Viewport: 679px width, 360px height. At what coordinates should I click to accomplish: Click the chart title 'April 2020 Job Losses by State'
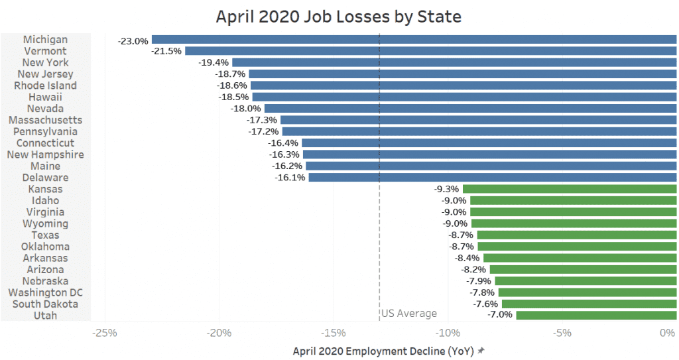339,16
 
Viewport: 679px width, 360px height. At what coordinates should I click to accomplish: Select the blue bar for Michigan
414,40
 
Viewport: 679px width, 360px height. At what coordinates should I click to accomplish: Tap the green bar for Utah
596,315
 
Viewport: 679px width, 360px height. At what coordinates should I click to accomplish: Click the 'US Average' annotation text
409,314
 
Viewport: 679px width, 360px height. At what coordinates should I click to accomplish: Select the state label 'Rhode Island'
46,86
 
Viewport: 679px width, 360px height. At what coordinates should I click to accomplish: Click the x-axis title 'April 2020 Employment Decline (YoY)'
383,351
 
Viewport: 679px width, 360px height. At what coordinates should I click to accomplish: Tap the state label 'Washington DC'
45,292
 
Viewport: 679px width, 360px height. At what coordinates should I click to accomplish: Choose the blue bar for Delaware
492,178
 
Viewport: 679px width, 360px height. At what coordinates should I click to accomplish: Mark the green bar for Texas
576,235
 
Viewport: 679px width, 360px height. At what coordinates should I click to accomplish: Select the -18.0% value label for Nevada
245,109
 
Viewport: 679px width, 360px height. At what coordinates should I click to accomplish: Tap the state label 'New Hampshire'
45,154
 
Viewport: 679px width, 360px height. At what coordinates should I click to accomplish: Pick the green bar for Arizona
583,269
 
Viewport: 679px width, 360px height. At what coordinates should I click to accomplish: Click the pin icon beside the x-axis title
481,351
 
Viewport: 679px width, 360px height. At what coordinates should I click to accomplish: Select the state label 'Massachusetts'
46,120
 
